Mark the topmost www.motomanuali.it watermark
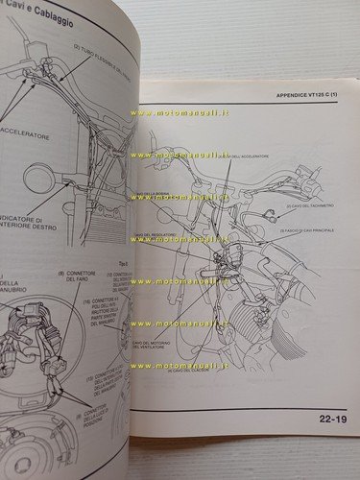click(x=192, y=112)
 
